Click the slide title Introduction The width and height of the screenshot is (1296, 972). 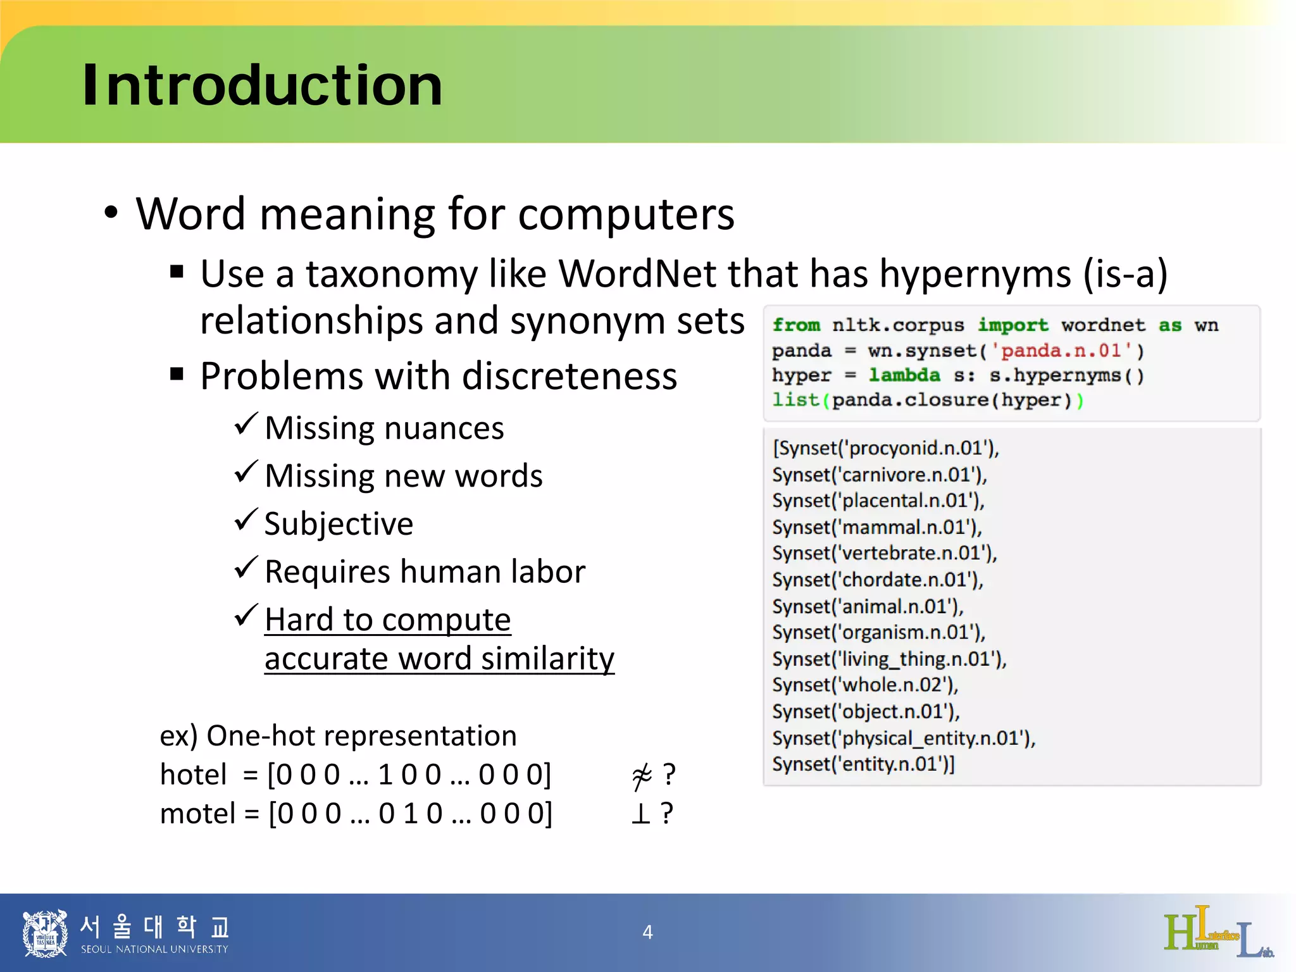[262, 85]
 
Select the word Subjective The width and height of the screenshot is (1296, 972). [339, 524]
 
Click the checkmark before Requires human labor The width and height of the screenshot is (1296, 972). [246, 568]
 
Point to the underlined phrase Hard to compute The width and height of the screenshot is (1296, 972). [387, 620]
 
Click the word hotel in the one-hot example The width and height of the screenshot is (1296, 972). [193, 775]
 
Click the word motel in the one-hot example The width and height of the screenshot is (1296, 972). [197, 814]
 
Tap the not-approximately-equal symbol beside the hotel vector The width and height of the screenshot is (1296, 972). [642, 776]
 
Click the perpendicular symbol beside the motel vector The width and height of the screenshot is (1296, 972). [640, 814]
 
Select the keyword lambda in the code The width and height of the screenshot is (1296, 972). [904, 375]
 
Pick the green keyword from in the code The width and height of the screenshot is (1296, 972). [795, 325]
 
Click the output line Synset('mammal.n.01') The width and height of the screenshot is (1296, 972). [876, 527]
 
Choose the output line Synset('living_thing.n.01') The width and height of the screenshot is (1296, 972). [888, 659]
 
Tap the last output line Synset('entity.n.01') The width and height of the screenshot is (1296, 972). [863, 764]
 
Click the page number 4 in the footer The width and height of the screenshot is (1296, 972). [647, 932]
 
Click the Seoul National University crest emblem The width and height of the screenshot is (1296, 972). [44, 933]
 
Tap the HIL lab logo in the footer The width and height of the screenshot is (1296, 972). [1218, 932]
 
